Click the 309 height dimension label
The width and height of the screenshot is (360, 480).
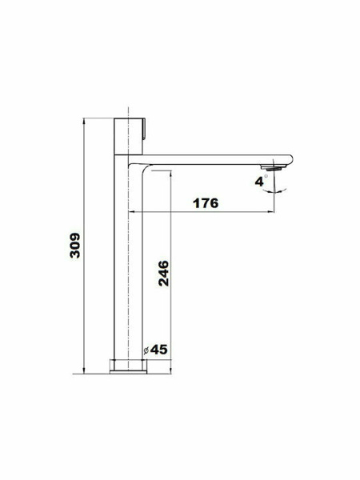coord(75,246)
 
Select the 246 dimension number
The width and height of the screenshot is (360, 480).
coord(163,274)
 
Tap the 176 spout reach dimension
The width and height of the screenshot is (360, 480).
coord(206,203)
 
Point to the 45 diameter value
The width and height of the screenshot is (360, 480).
coord(159,350)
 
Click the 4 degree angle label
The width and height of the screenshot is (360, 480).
coord(259,182)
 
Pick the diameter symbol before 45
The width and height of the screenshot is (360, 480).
coord(146,350)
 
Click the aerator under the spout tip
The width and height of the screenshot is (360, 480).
coord(274,167)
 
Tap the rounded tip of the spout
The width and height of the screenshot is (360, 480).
coord(290,160)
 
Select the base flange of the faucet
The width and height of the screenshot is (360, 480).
coord(128,366)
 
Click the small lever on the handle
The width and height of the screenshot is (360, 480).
coord(144,128)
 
